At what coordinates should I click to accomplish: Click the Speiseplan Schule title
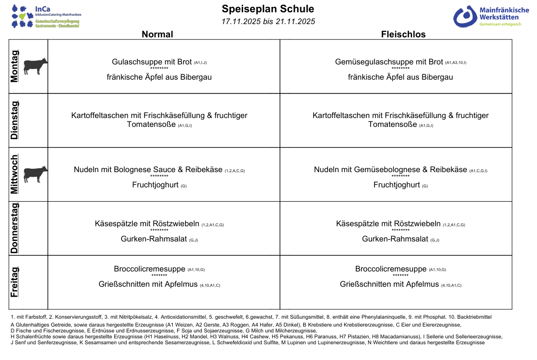coord(268,9)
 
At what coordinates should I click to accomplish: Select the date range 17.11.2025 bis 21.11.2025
coord(268,22)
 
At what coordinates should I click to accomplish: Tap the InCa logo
coord(46,17)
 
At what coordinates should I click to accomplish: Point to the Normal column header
coord(158,34)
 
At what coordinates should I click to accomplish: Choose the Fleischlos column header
coord(403,34)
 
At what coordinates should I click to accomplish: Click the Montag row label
coord(15,66)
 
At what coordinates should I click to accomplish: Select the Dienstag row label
coord(15,120)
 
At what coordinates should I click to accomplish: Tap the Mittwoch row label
coord(15,174)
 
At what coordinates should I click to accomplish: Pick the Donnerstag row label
coord(15,228)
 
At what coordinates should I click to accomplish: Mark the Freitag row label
coord(15,282)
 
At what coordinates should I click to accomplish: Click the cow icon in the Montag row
coord(36,66)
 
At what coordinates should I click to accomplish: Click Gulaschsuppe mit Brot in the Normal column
coord(152,62)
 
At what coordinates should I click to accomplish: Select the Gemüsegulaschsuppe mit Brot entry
coord(389,62)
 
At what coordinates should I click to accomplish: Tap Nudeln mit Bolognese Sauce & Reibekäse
coord(148,170)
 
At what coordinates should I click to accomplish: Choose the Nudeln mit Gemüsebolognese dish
coord(390,170)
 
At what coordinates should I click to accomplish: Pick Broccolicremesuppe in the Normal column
coord(150,269)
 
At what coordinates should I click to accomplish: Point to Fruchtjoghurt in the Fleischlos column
coord(397,185)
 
